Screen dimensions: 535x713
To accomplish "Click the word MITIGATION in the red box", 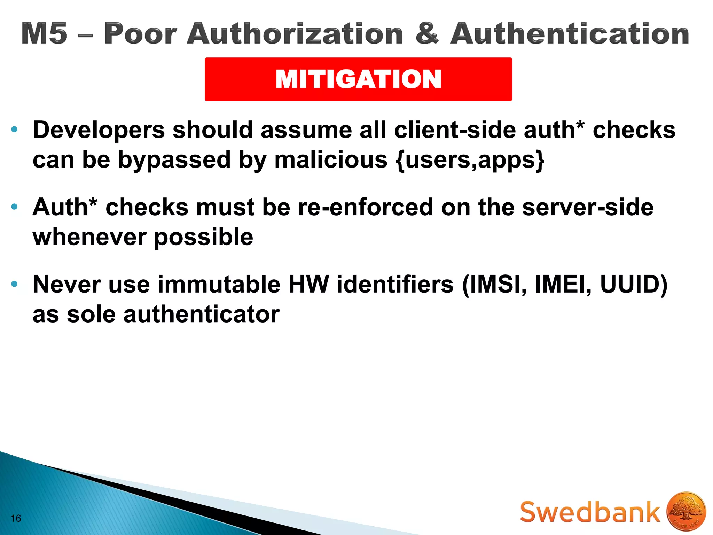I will (358, 79).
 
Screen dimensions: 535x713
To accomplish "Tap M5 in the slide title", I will (44, 33).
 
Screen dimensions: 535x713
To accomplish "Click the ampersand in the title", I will (427, 33).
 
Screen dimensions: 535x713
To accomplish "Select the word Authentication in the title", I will (570, 33).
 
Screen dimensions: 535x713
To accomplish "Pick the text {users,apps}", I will (470, 160).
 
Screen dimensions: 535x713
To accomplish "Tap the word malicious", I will (331, 160).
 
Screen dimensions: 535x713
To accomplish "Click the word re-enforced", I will (366, 207).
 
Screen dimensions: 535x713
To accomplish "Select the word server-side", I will (588, 207).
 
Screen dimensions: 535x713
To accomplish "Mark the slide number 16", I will (16, 519).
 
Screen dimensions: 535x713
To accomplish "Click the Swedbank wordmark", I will (590, 512).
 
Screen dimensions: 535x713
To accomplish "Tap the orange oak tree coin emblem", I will (686, 512).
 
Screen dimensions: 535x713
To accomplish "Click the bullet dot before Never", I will (14, 284).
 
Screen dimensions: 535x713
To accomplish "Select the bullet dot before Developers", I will (14, 130).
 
